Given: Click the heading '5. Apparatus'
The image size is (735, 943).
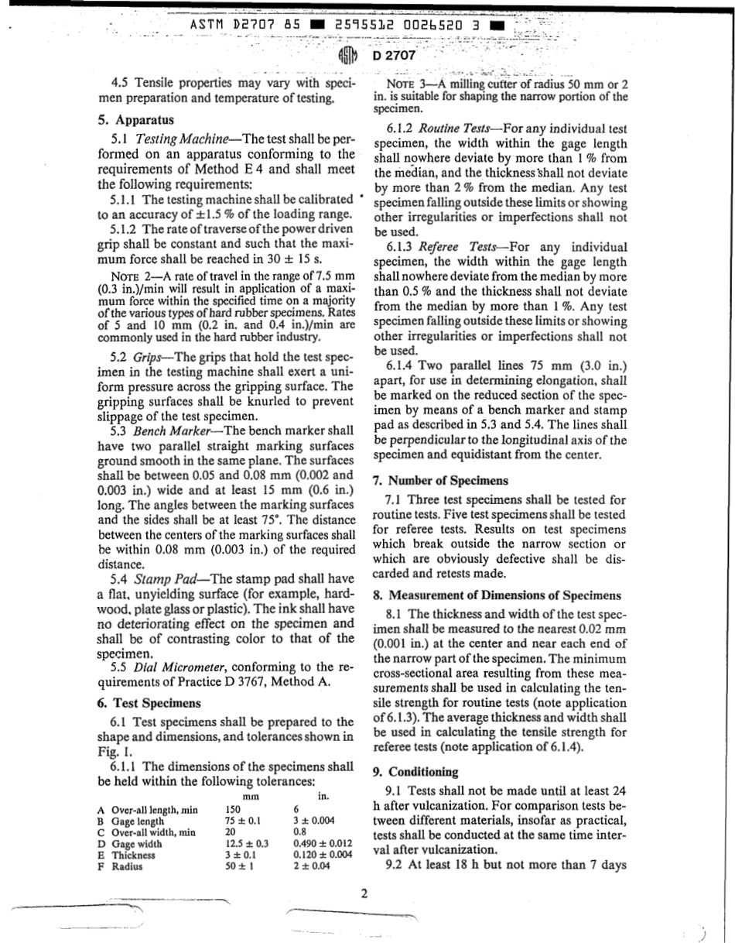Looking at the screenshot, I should click(x=136, y=120).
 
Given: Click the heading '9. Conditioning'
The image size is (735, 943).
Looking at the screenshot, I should click(x=423, y=772).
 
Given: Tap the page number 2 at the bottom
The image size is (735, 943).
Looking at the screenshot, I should click(x=364, y=894).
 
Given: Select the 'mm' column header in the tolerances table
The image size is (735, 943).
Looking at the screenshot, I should click(x=250, y=796).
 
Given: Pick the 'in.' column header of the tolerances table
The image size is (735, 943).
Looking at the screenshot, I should click(x=323, y=796).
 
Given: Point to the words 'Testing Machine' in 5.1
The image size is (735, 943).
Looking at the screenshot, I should click(x=177, y=139).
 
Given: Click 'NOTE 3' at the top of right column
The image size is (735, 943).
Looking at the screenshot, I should click(x=407, y=84).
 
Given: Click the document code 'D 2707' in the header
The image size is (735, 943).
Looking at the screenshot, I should click(x=394, y=56).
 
